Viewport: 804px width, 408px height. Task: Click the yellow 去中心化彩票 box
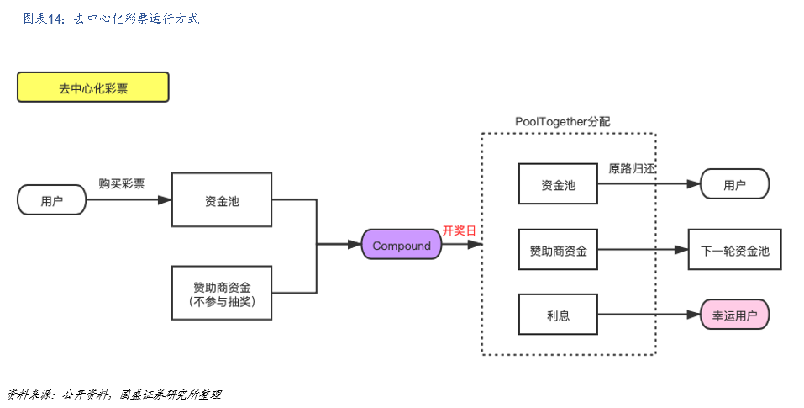click(92, 87)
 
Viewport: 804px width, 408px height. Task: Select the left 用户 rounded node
click(52, 200)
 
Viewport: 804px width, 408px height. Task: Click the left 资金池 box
click(222, 200)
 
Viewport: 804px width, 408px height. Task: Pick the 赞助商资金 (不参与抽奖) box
click(222, 293)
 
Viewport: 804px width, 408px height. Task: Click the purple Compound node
click(401, 246)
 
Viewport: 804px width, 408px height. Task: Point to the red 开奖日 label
click(460, 230)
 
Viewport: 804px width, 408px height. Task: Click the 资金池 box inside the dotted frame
click(558, 184)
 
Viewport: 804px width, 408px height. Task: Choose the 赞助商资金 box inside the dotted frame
click(558, 250)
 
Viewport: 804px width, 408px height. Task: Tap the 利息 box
click(558, 315)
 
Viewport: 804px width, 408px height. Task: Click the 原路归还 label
click(632, 168)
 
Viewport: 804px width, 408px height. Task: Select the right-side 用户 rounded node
click(734, 184)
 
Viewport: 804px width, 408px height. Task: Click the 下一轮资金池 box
click(734, 250)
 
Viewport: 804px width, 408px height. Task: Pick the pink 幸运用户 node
click(734, 315)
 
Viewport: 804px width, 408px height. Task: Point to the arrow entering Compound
click(339, 246)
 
